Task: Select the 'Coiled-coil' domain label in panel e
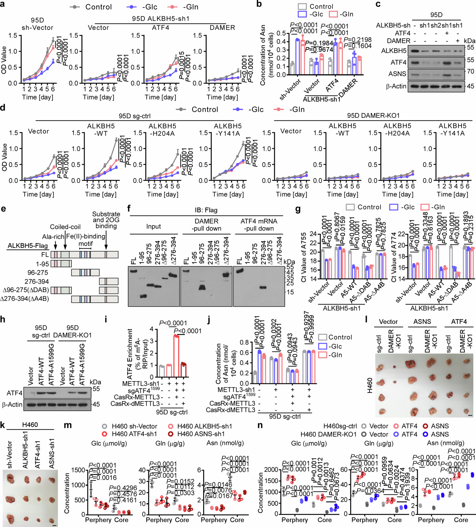(x=65, y=227)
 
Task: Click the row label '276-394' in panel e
(x=37, y=282)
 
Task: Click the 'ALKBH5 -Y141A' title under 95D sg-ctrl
(x=228, y=130)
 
